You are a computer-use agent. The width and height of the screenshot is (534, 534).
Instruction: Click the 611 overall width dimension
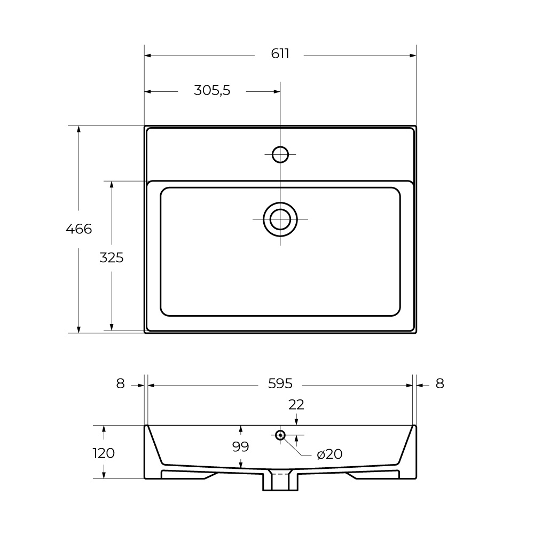(x=280, y=54)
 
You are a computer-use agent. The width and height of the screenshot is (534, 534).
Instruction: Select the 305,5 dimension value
(x=211, y=91)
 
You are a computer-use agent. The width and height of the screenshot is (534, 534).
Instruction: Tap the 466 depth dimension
(x=78, y=229)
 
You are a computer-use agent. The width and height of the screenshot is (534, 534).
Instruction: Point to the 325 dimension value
(x=112, y=258)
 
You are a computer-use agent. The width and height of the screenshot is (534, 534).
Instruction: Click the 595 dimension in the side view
(x=280, y=383)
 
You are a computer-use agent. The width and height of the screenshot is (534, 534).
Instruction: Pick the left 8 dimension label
(x=120, y=383)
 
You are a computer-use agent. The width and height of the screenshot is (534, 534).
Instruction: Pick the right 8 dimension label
(x=439, y=383)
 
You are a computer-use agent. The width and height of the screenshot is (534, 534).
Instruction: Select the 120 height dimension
(x=104, y=453)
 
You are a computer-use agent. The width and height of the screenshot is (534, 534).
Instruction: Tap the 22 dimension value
(x=296, y=405)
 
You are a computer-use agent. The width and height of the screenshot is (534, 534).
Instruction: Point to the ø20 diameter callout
(x=329, y=454)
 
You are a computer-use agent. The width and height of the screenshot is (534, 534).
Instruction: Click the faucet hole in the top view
(x=280, y=154)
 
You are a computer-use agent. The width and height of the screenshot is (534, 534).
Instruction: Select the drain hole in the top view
(x=280, y=219)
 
